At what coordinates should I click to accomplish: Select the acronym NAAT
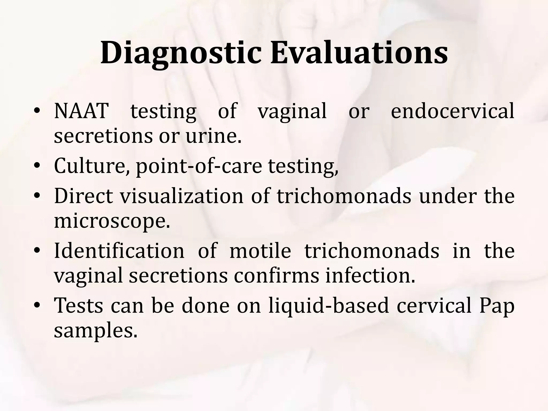[81, 111]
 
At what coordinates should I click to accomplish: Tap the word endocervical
[452, 111]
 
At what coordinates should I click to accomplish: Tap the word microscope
[112, 221]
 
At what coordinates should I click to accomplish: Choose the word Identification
[119, 251]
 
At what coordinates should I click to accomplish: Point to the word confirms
[276, 276]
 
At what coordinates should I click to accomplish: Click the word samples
[96, 331]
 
